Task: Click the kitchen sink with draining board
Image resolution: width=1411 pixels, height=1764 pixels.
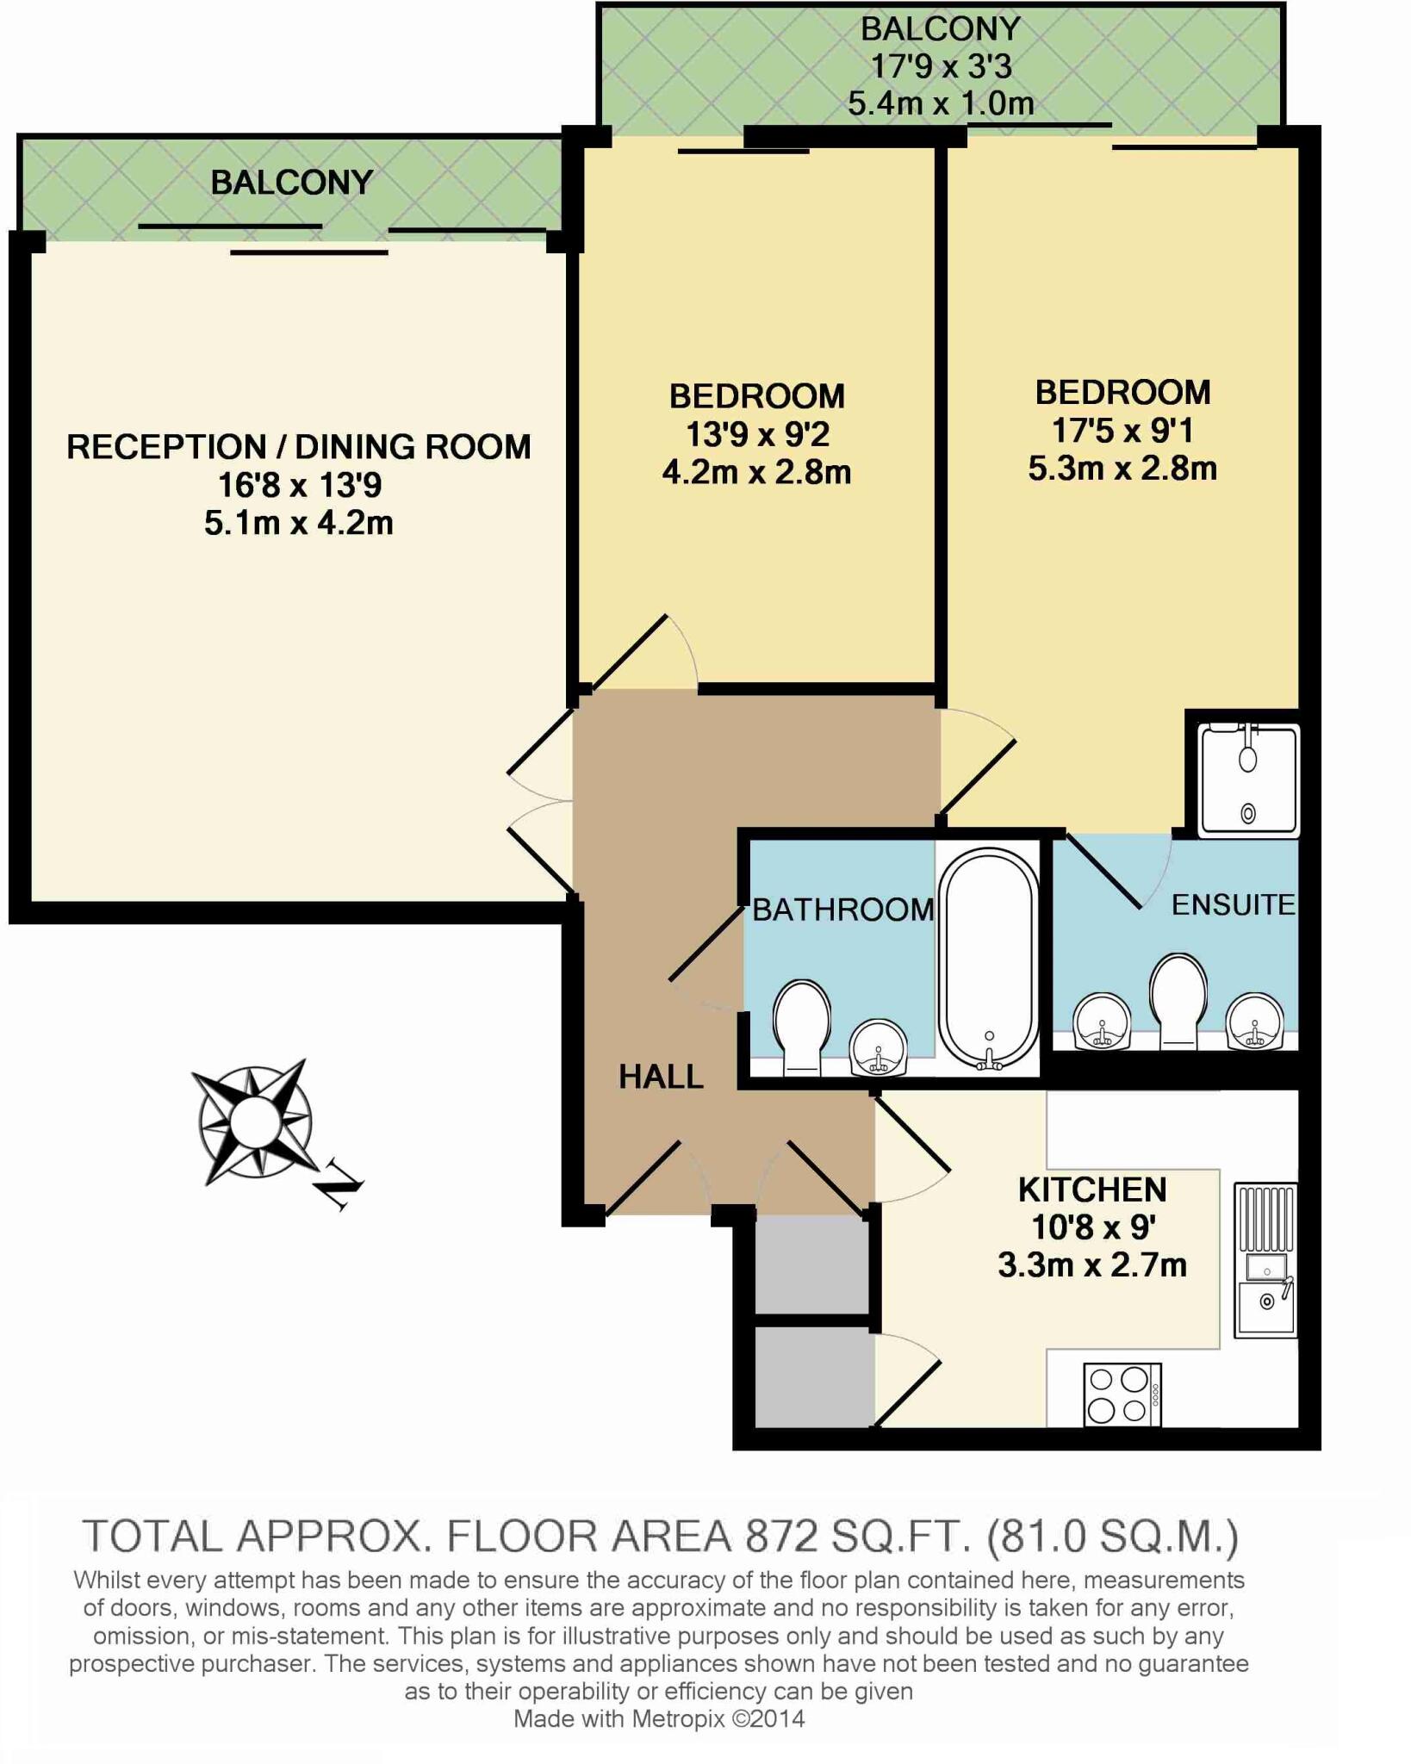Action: click(1265, 1260)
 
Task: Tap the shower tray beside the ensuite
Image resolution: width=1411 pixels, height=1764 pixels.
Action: click(1248, 780)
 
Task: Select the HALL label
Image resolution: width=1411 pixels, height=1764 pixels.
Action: click(662, 1077)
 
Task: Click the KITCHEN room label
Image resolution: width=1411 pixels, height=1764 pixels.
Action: click(1092, 1189)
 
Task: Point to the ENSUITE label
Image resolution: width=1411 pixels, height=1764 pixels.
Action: click(1234, 904)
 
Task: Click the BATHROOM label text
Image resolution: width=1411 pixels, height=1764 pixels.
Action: click(843, 910)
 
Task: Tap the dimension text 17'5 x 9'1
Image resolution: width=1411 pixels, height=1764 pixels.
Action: click(1122, 430)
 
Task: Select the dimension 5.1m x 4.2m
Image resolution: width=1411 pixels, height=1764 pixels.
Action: click(299, 523)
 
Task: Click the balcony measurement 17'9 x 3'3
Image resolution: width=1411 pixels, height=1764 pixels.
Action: click(941, 66)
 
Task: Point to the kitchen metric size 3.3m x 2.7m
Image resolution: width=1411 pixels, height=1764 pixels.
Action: click(1092, 1264)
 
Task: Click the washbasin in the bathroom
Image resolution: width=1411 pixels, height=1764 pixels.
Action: click(878, 1048)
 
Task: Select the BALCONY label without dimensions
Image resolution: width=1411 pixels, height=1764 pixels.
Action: click(292, 183)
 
